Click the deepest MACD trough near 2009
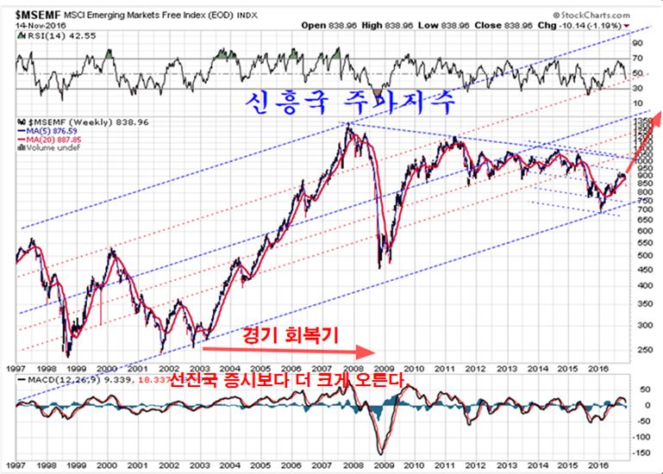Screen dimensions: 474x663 380,452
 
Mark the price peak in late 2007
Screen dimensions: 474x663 347,125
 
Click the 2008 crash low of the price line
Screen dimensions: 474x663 380,267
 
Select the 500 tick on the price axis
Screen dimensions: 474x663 641,255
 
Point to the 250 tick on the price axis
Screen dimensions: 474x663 641,349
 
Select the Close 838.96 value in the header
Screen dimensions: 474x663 517,25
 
